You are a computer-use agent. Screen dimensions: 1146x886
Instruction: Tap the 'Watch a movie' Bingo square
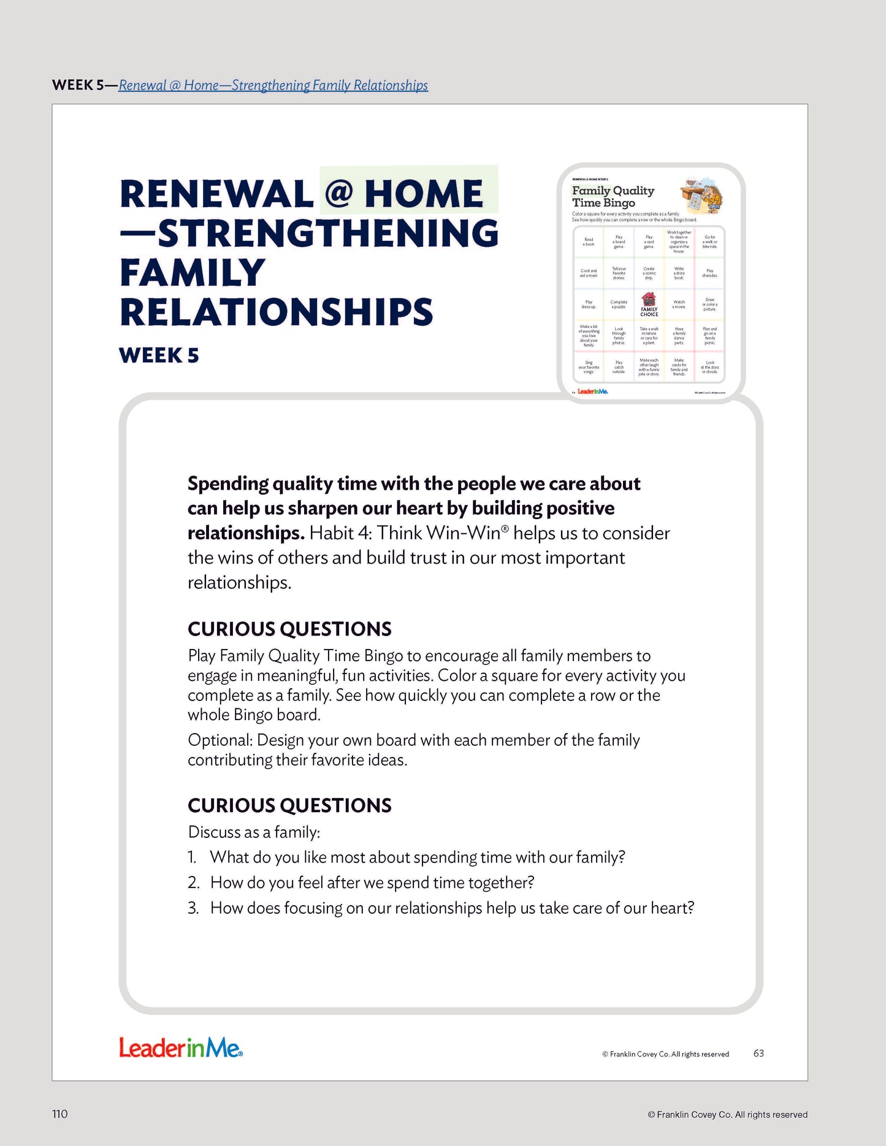[679, 305]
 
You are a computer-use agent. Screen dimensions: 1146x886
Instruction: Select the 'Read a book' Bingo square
[589, 242]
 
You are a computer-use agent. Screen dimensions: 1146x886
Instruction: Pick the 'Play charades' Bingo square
[709, 273]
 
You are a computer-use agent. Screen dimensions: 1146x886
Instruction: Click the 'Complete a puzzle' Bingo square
[619, 305]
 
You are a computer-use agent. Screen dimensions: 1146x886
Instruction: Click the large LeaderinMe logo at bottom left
[181, 1047]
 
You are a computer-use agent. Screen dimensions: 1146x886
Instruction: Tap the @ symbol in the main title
[338, 194]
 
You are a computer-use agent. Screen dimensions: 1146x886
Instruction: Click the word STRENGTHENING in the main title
[329, 233]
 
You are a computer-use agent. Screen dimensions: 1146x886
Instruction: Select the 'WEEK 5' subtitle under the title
[159, 355]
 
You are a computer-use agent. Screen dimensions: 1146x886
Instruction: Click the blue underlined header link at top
[273, 85]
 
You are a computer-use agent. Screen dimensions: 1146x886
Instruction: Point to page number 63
[758, 1053]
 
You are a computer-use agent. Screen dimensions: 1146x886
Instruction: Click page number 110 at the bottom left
[60, 1114]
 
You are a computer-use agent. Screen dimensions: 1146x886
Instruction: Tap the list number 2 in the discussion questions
[194, 882]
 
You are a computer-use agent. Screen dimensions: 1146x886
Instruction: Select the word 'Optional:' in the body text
[220, 740]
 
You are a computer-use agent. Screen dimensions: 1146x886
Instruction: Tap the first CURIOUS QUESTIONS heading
[289, 629]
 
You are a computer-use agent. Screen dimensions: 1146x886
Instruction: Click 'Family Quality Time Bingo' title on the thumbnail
[613, 197]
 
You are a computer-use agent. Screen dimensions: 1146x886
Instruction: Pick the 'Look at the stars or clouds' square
[709, 367]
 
